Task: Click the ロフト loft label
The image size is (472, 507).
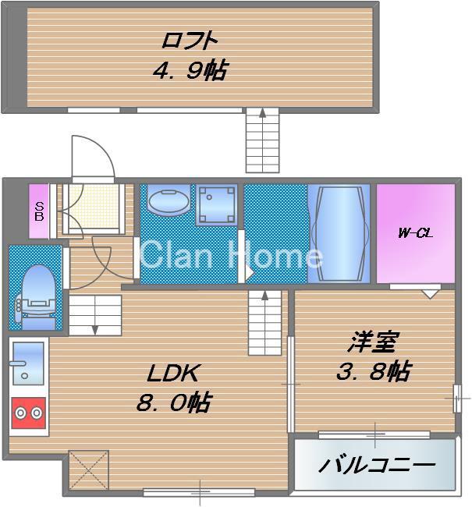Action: [x=190, y=39]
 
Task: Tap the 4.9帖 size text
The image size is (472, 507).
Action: [x=190, y=72]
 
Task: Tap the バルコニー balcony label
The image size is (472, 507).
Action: [x=376, y=466]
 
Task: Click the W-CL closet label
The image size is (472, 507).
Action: [x=414, y=232]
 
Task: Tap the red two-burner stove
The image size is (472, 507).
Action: [x=28, y=413]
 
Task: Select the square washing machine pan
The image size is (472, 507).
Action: [x=215, y=204]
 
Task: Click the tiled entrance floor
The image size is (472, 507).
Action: [x=91, y=207]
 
